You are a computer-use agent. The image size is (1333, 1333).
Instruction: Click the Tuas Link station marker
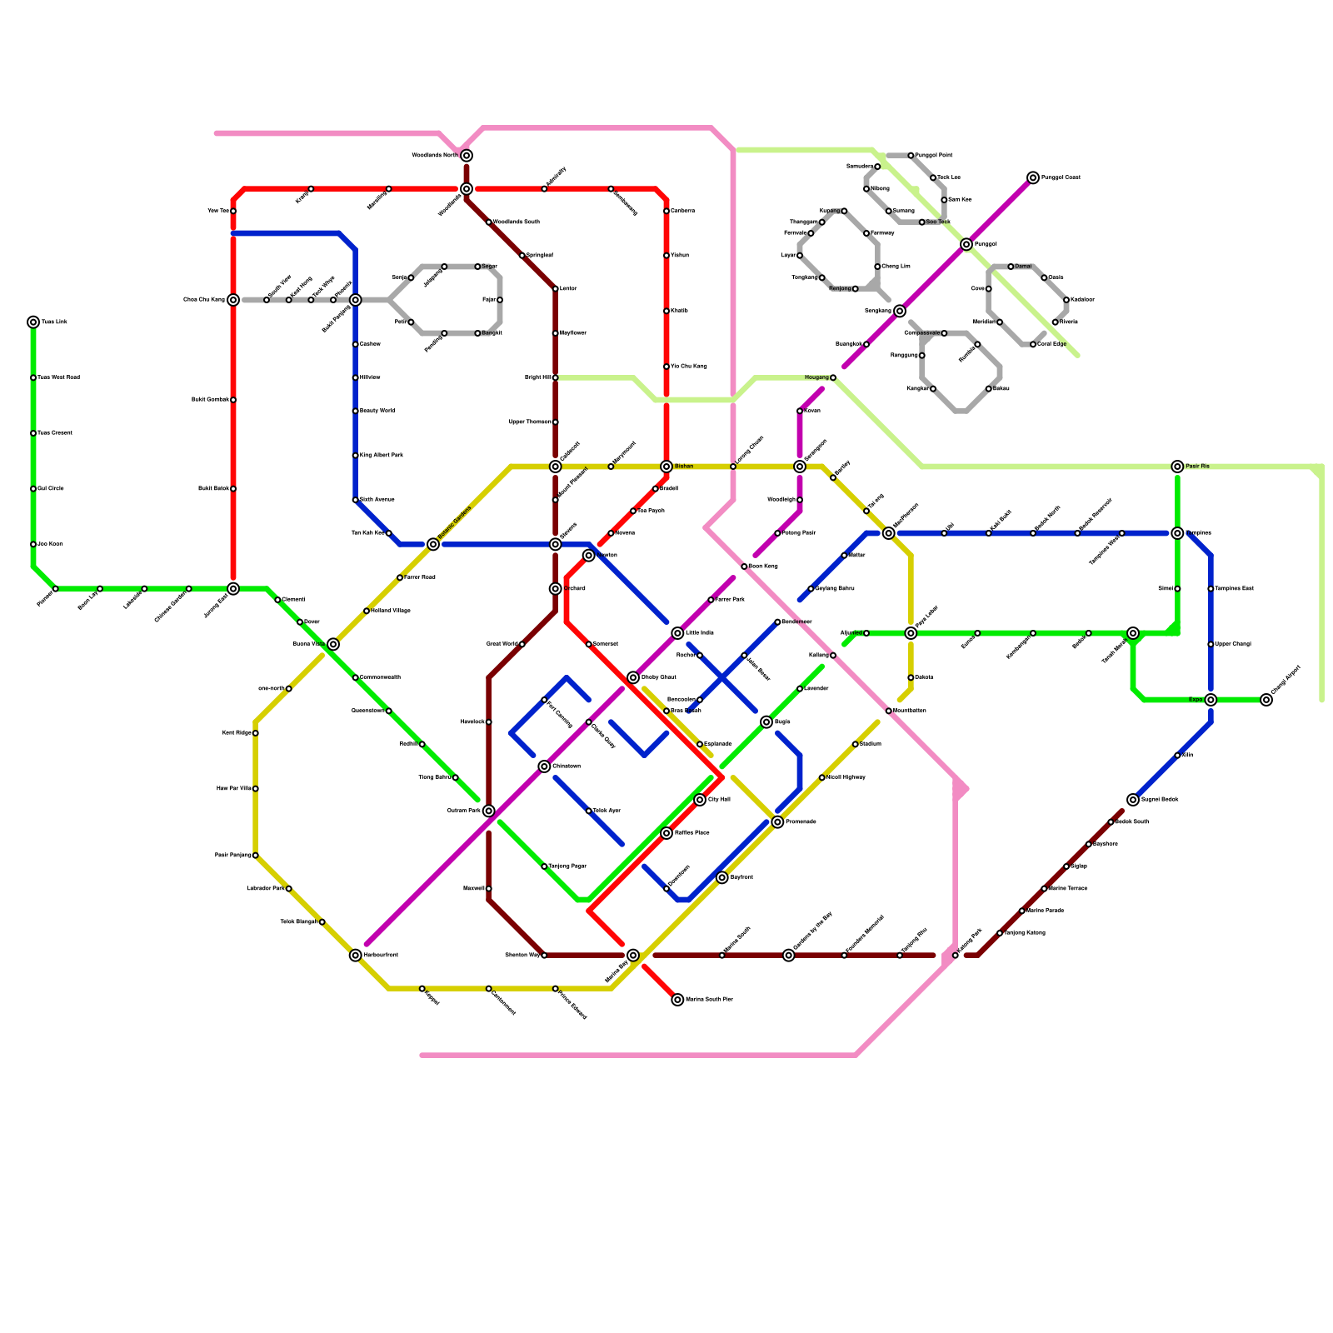tap(33, 322)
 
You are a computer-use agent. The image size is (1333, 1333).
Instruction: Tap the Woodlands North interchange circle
tap(467, 156)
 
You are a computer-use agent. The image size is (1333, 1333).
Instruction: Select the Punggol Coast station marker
tap(1033, 177)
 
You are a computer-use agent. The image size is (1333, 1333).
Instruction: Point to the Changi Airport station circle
tap(1266, 700)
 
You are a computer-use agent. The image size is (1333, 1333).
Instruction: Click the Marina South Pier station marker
tap(677, 1000)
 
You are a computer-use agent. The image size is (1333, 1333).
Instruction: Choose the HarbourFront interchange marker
tap(356, 956)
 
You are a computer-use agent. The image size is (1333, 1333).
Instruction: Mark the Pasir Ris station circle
tap(1177, 467)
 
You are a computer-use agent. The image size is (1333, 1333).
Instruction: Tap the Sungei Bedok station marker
tap(1133, 800)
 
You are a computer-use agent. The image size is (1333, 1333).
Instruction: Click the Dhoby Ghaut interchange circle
tap(633, 677)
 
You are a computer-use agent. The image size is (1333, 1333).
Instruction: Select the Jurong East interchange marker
tap(233, 589)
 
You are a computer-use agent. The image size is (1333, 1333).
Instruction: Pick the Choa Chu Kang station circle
tap(233, 300)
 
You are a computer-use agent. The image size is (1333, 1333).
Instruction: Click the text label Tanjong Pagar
tap(567, 866)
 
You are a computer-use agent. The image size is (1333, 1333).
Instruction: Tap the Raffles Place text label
tap(691, 833)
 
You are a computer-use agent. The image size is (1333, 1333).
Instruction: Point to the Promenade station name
tap(801, 822)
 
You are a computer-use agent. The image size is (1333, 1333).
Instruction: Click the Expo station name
tap(1196, 700)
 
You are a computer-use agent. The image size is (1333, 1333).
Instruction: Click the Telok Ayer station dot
tap(589, 811)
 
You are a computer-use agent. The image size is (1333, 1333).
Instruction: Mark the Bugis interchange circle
tap(766, 722)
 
